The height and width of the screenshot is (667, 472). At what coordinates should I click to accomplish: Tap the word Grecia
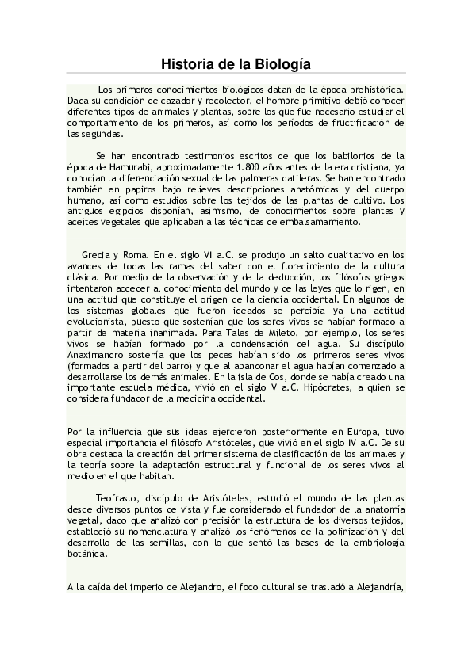coord(97,255)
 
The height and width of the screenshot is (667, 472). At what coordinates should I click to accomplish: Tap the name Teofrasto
coord(118,497)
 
